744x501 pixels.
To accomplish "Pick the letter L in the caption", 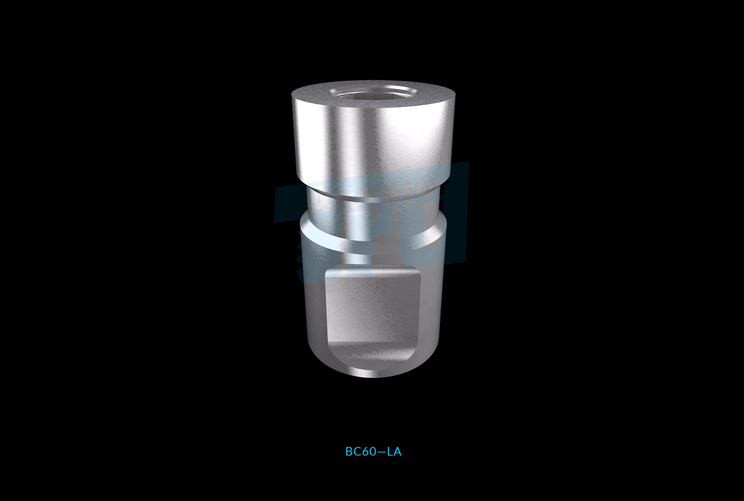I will (x=390, y=452).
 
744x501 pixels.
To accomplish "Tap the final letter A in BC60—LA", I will (x=397, y=452).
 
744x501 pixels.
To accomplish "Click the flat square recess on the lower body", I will (x=373, y=309).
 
